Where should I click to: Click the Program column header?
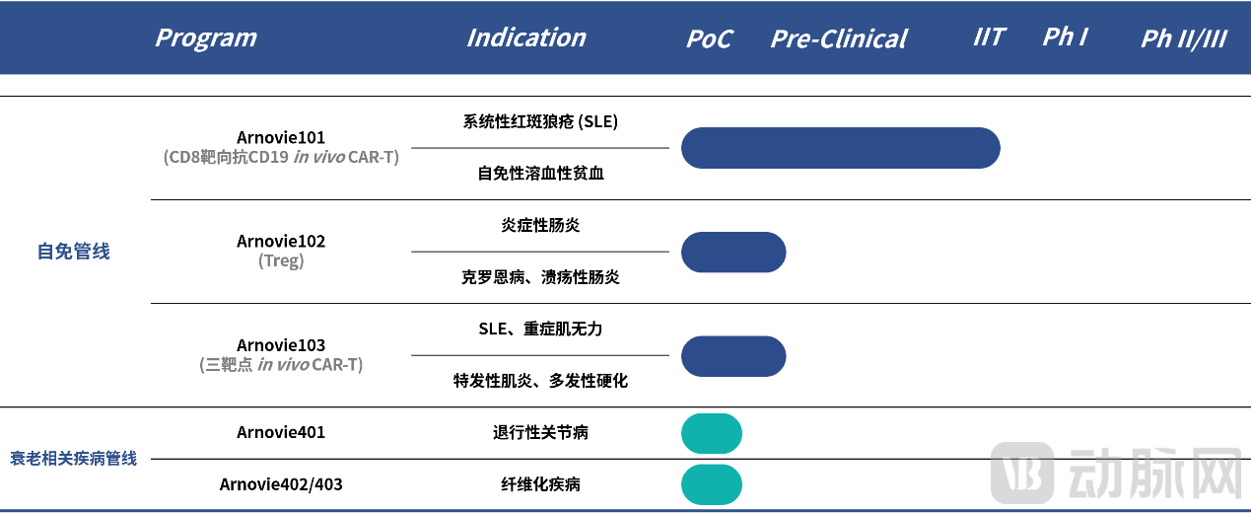[206, 38]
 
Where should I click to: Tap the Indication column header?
[526, 38]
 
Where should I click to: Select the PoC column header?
[709, 38]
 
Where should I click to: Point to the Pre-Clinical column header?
[839, 38]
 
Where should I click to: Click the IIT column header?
[989, 37]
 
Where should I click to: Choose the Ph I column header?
[1066, 37]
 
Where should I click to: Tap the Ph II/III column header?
[1184, 38]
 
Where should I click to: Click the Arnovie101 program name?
[281, 137]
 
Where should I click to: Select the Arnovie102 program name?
[281, 242]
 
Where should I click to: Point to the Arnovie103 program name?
[281, 345]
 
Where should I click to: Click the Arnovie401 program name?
[281, 432]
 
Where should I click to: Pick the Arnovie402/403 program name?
[281, 484]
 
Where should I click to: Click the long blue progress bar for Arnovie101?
[841, 148]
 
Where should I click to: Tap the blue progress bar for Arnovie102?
[733, 252]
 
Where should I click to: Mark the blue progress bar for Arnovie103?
[733, 356]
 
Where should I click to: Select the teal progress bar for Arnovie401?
[712, 433]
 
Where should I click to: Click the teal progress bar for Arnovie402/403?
[712, 484]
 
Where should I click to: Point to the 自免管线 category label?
[73, 252]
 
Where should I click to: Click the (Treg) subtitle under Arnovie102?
[281, 260]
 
